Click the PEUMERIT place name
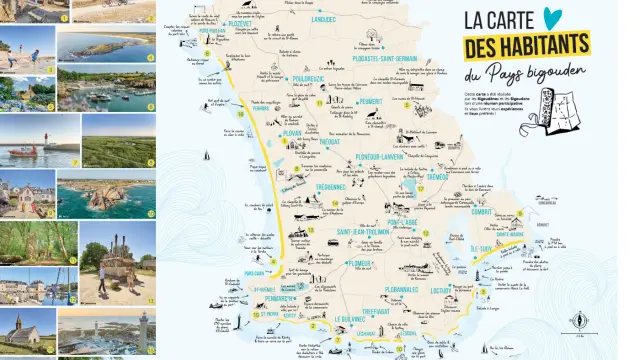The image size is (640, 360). (x=369, y=100)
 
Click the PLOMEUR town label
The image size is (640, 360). (x=329, y=264)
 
